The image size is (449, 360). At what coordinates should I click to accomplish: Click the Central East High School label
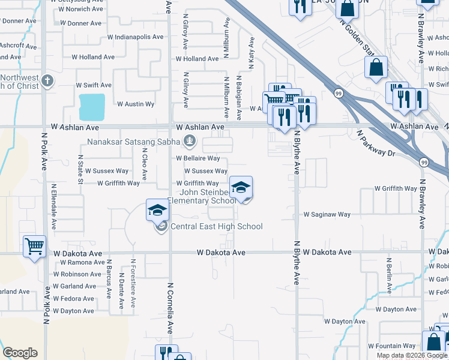pyautogui.click(x=217, y=226)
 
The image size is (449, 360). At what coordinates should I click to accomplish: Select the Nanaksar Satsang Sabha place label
pyautogui.click(x=134, y=142)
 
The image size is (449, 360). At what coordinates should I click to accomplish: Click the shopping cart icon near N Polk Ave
pyautogui.click(x=35, y=245)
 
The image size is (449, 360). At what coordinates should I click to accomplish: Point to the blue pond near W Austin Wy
pyautogui.click(x=92, y=107)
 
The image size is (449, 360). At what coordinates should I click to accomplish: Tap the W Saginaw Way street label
pyautogui.click(x=327, y=214)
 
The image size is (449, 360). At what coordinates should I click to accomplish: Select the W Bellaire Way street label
pyautogui.click(x=197, y=158)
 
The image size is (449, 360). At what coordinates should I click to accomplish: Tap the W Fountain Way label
pyautogui.click(x=391, y=346)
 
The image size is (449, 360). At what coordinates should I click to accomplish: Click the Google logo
pyautogui.click(x=20, y=353)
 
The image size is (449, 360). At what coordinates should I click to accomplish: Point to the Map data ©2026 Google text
pyautogui.click(x=412, y=355)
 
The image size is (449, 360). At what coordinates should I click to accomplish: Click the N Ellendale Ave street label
pyautogui.click(x=54, y=208)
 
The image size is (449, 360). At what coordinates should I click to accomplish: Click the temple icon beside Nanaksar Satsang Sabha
pyautogui.click(x=190, y=142)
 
